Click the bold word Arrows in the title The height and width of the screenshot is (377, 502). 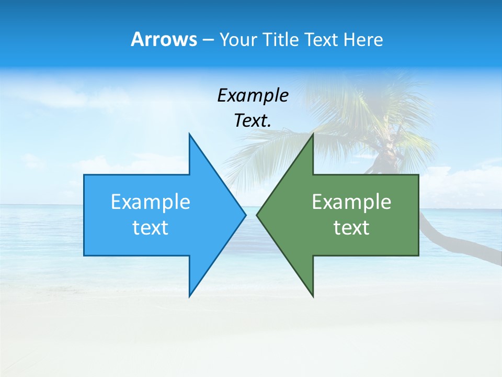pyautogui.click(x=163, y=39)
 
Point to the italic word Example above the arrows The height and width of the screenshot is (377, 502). pyautogui.click(x=253, y=96)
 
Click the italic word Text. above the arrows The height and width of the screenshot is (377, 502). pyautogui.click(x=253, y=120)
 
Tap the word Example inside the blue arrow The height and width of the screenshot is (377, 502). pyautogui.click(x=151, y=202)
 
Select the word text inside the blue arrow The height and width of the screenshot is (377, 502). pyautogui.click(x=151, y=227)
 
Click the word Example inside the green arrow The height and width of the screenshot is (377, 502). pyautogui.click(x=351, y=202)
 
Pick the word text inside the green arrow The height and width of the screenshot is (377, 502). pyautogui.click(x=351, y=227)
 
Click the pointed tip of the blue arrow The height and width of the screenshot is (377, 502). pyautogui.click(x=245, y=215)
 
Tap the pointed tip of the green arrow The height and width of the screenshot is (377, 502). pyautogui.click(x=257, y=215)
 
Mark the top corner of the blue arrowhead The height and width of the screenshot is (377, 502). pyautogui.click(x=189, y=134)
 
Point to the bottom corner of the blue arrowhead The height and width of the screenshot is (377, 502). pyautogui.click(x=189, y=296)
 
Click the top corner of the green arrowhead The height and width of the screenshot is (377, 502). pyautogui.click(x=313, y=134)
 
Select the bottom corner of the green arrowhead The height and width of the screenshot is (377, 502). pyautogui.click(x=313, y=296)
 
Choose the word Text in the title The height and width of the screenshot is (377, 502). pyautogui.click(x=322, y=40)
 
